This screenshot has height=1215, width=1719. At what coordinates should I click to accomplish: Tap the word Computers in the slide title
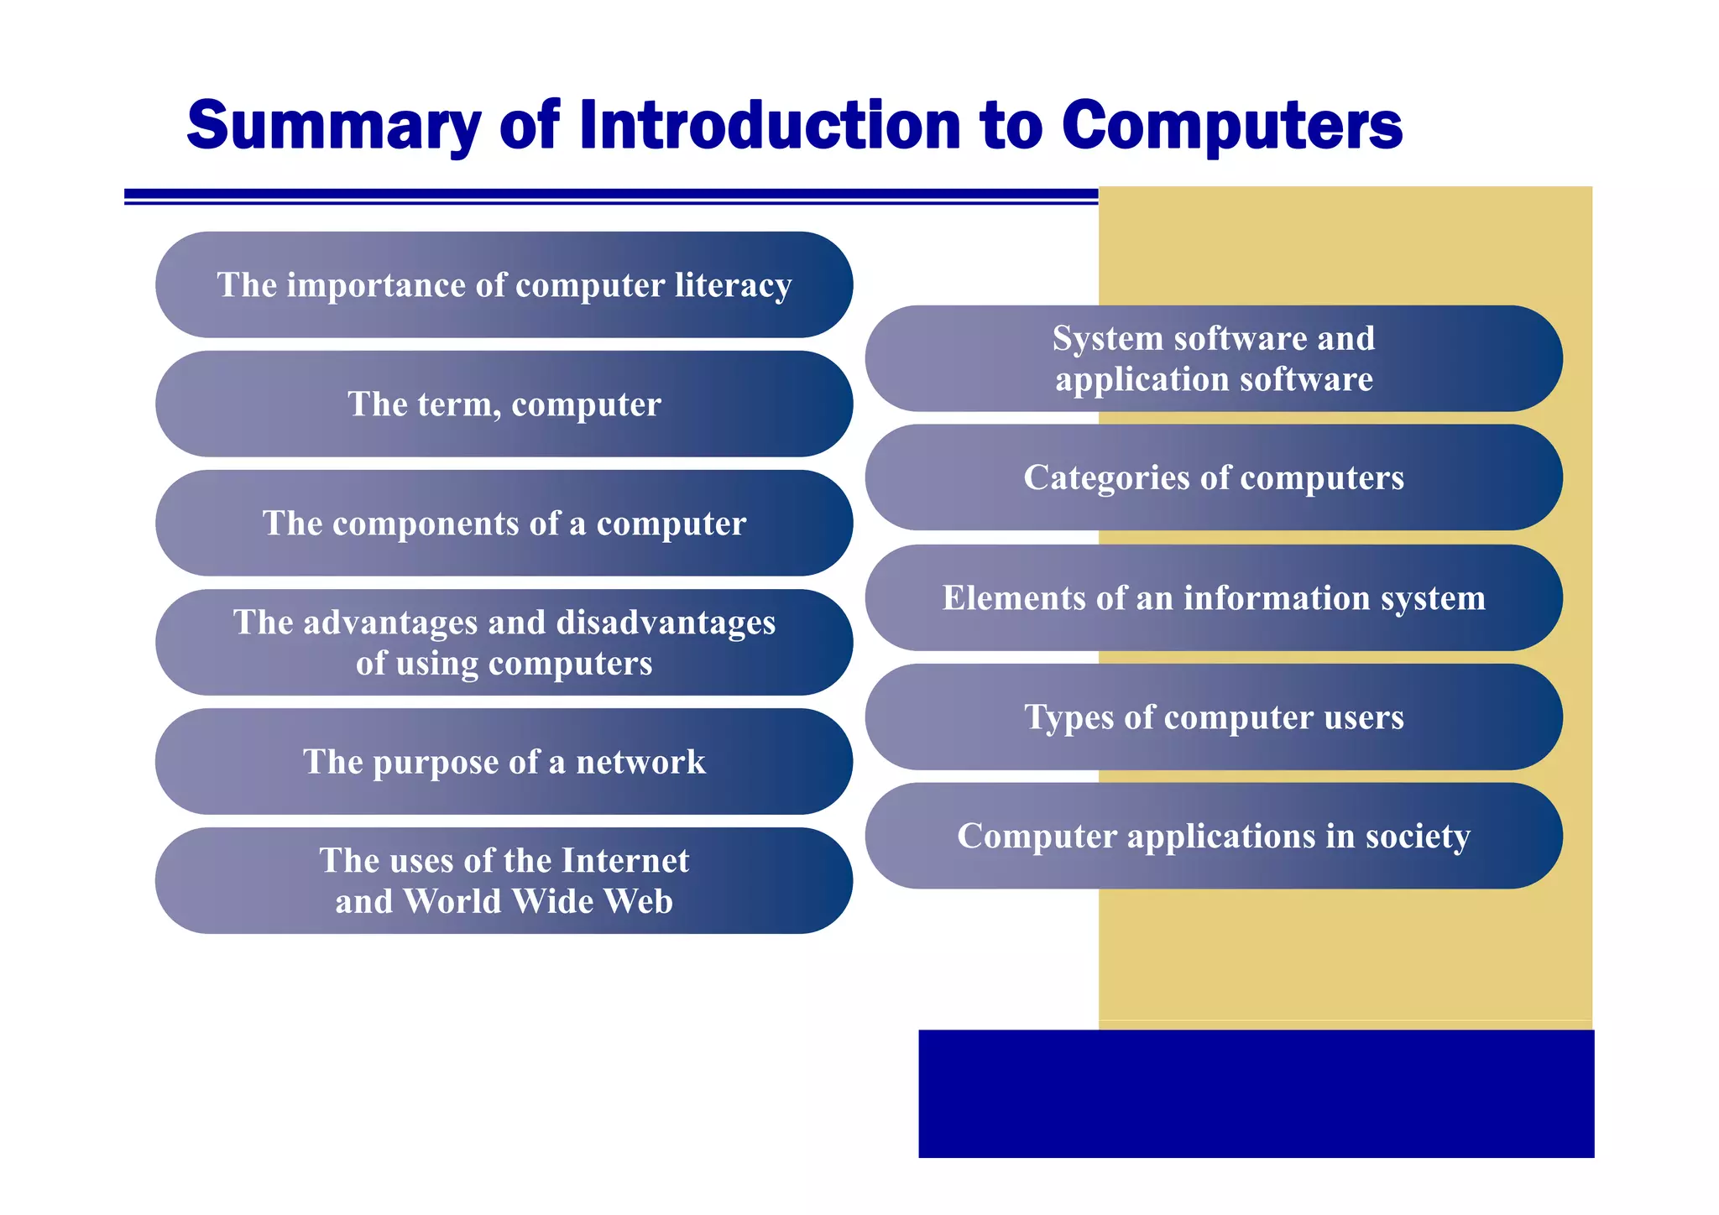1231,126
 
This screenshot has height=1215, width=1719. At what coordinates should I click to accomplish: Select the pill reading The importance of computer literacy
504,285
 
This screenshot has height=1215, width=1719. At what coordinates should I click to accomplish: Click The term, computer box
504,404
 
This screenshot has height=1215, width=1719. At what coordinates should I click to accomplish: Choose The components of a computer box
504,524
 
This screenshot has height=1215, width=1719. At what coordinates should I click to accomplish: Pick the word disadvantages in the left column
666,623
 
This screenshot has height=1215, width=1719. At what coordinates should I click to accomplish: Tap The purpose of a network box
504,762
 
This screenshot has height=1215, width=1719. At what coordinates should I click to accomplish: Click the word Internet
624,861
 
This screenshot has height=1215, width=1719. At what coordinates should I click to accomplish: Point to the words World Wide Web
537,902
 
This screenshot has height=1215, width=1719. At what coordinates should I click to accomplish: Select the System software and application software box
1213,359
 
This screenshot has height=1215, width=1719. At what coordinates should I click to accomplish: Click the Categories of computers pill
1213,478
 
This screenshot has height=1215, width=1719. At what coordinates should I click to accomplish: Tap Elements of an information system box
1213,598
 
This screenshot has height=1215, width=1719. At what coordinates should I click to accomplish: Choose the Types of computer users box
1213,717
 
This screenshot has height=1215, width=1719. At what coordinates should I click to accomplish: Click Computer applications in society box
1213,837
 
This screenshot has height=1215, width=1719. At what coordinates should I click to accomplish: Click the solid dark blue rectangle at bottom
1256,1093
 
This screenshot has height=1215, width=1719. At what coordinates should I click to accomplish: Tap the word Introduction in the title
770,126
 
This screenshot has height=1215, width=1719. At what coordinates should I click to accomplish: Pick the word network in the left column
640,762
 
